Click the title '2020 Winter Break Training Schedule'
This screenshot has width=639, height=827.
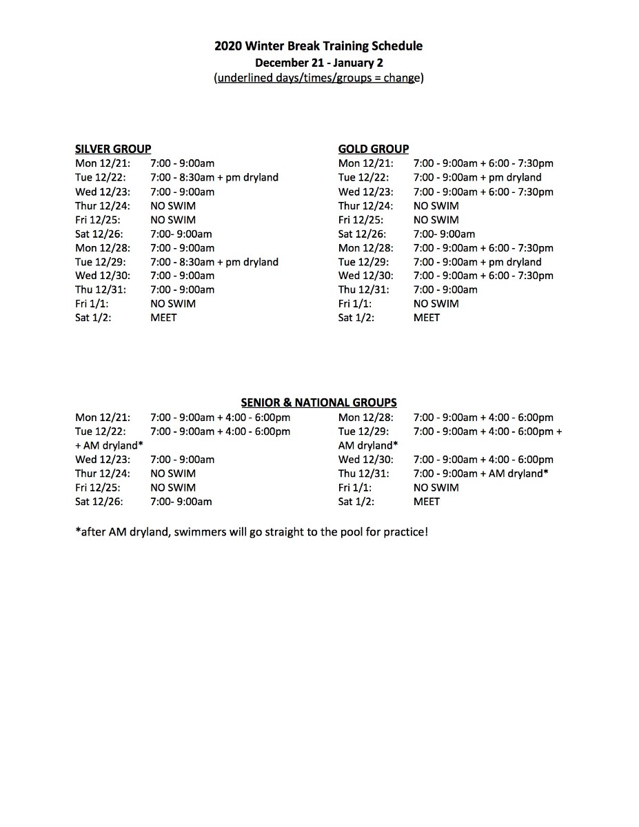point(318,46)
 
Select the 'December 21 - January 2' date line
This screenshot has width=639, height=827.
point(318,62)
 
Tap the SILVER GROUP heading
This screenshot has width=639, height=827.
point(113,149)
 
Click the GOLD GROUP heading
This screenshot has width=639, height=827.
point(373,149)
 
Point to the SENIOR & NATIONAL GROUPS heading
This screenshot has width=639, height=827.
point(318,402)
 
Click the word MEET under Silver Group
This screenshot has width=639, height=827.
point(163,318)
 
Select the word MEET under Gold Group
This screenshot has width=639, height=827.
point(426,318)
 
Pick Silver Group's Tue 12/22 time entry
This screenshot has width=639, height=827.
point(214,177)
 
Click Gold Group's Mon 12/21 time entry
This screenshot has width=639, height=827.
point(483,163)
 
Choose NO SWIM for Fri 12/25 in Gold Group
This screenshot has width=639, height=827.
point(436,220)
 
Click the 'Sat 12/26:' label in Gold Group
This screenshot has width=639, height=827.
point(362,234)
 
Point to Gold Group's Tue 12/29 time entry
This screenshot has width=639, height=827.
point(477,262)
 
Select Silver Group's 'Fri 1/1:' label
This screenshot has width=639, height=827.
point(91,303)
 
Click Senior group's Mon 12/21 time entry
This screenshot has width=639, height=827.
point(220,417)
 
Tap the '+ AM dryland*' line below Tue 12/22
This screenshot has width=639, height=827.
point(109,445)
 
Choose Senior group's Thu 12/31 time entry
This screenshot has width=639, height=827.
point(480,473)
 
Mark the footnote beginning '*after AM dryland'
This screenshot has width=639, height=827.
point(251,532)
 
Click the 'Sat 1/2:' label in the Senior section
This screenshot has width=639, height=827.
point(356,501)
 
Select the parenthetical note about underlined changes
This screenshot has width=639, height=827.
point(318,78)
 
